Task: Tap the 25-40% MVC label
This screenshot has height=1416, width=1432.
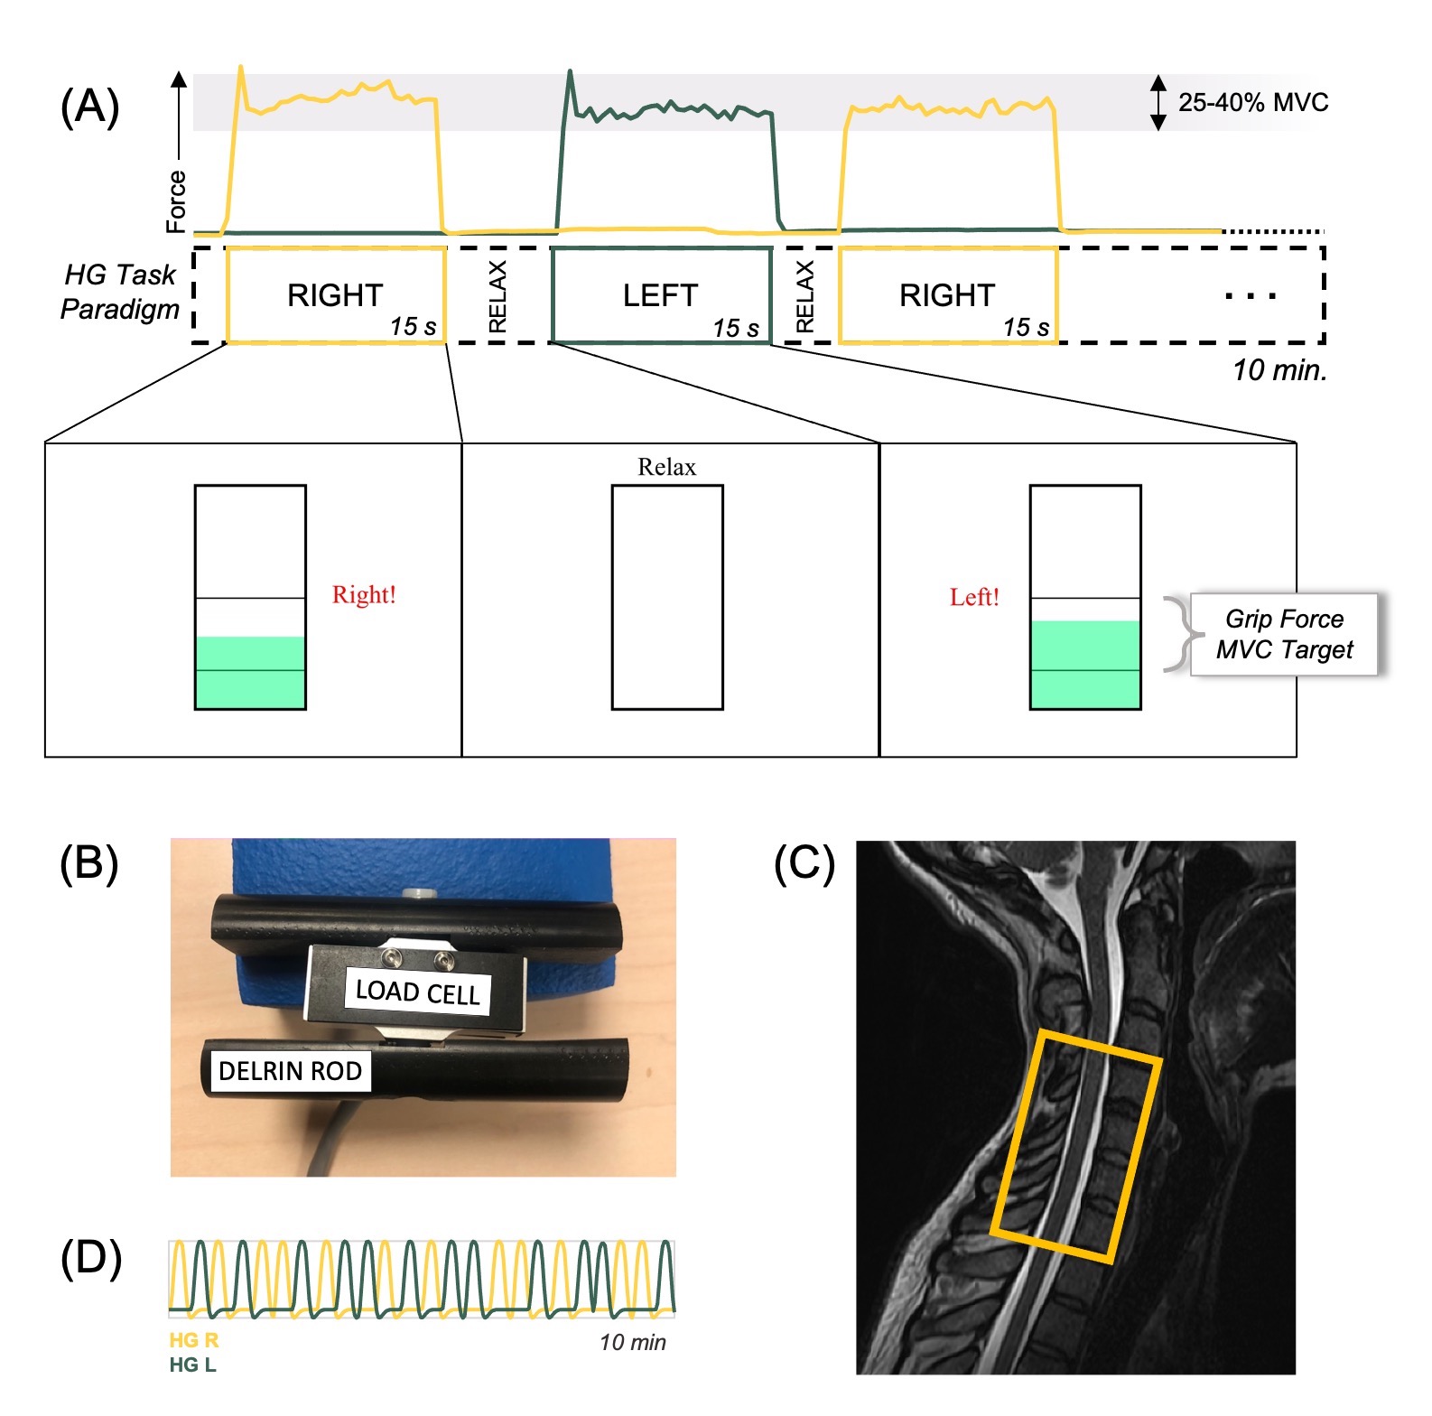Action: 1252,102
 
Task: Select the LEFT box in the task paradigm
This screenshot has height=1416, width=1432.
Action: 661,295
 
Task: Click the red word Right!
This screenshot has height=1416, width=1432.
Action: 364,594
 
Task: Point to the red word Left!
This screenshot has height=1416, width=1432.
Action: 974,597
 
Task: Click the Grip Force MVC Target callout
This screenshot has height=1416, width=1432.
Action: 1284,634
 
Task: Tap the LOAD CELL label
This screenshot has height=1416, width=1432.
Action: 418,992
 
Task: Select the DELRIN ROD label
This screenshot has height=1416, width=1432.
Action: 290,1071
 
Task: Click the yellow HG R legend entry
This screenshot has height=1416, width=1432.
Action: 194,1340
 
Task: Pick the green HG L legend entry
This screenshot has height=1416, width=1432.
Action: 192,1365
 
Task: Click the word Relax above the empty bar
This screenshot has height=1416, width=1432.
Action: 666,467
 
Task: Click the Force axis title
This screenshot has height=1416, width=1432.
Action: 176,200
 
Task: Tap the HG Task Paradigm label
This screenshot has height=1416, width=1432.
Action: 120,291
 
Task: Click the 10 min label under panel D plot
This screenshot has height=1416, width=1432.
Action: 632,1342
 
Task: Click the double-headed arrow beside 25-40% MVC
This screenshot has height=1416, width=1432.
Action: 1158,103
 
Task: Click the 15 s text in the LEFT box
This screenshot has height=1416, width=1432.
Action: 736,328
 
